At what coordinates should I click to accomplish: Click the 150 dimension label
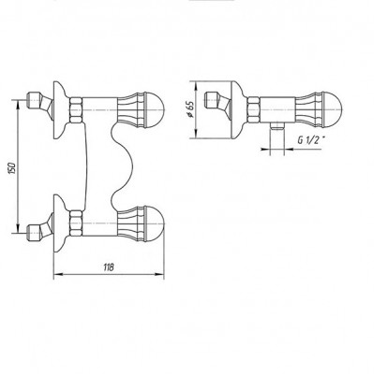pyautogui.click(x=12, y=168)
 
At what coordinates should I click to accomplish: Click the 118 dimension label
pyautogui.click(x=109, y=267)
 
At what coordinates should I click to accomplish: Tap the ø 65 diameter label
pyautogui.click(x=189, y=109)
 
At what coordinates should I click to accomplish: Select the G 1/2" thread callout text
pyautogui.click(x=309, y=140)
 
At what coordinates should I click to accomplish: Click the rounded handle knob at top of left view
pyautogui.click(x=155, y=110)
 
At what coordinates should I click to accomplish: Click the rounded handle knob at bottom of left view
pyautogui.click(x=155, y=223)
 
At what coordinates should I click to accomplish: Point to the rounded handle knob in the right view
pyautogui.click(x=333, y=109)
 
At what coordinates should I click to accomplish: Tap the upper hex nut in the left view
pyautogui.click(x=76, y=110)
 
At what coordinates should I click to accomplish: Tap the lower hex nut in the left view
pyautogui.click(x=76, y=223)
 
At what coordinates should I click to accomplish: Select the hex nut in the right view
pyautogui.click(x=253, y=109)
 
